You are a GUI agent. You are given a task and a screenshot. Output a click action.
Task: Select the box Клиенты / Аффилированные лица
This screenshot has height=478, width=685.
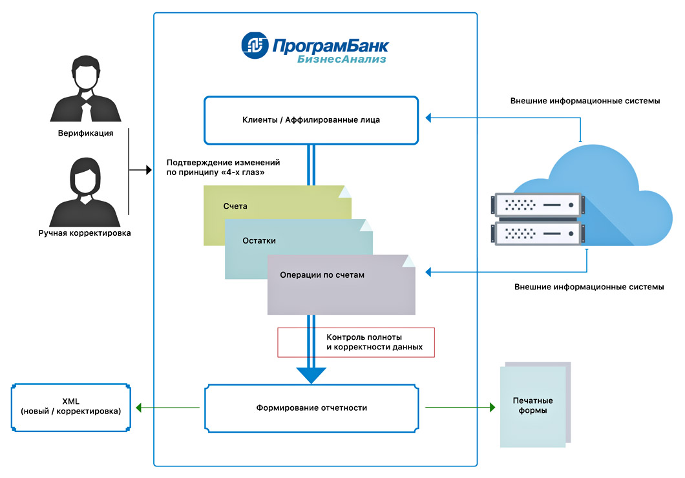pos(311,119)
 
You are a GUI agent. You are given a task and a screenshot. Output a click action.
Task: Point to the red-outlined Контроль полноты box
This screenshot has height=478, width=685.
pos(356,342)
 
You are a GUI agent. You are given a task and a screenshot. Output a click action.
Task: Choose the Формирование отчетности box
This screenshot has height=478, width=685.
pos(311,408)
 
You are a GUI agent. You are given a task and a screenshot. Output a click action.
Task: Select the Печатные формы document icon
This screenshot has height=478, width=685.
pos(534,406)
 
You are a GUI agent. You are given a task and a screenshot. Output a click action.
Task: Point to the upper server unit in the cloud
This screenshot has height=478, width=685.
pos(536,205)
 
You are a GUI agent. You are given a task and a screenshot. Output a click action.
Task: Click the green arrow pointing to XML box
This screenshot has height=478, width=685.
pos(140,408)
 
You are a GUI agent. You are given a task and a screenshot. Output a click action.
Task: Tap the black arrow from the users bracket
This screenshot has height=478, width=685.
pos(145,171)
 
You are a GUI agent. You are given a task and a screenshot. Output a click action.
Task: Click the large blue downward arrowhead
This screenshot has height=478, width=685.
pos(311,375)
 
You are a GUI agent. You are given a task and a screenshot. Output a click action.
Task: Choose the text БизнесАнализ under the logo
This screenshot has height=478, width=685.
pos(342,59)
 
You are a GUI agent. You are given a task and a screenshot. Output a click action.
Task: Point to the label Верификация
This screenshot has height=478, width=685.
pos(85,134)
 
